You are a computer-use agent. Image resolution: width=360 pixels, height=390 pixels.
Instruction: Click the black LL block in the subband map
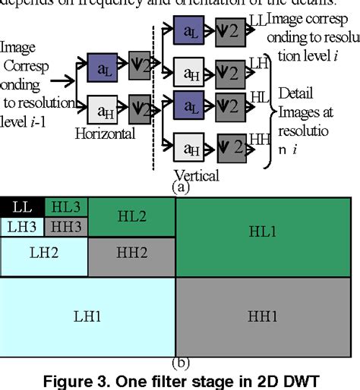click(23, 206)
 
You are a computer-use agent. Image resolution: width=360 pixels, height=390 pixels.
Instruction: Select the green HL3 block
click(67, 206)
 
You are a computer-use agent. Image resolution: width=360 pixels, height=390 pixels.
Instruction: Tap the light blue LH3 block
click(23, 225)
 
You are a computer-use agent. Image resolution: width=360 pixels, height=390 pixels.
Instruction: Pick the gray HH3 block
click(67, 225)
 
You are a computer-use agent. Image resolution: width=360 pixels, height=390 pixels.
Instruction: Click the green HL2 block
click(131, 216)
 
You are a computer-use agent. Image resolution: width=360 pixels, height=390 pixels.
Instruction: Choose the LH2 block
click(44, 256)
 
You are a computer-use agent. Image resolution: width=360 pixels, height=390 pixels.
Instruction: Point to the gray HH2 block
click(131, 256)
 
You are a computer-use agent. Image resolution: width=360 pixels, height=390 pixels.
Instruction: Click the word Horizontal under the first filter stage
click(106, 133)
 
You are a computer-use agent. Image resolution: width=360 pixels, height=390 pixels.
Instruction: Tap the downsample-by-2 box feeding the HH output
click(230, 146)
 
